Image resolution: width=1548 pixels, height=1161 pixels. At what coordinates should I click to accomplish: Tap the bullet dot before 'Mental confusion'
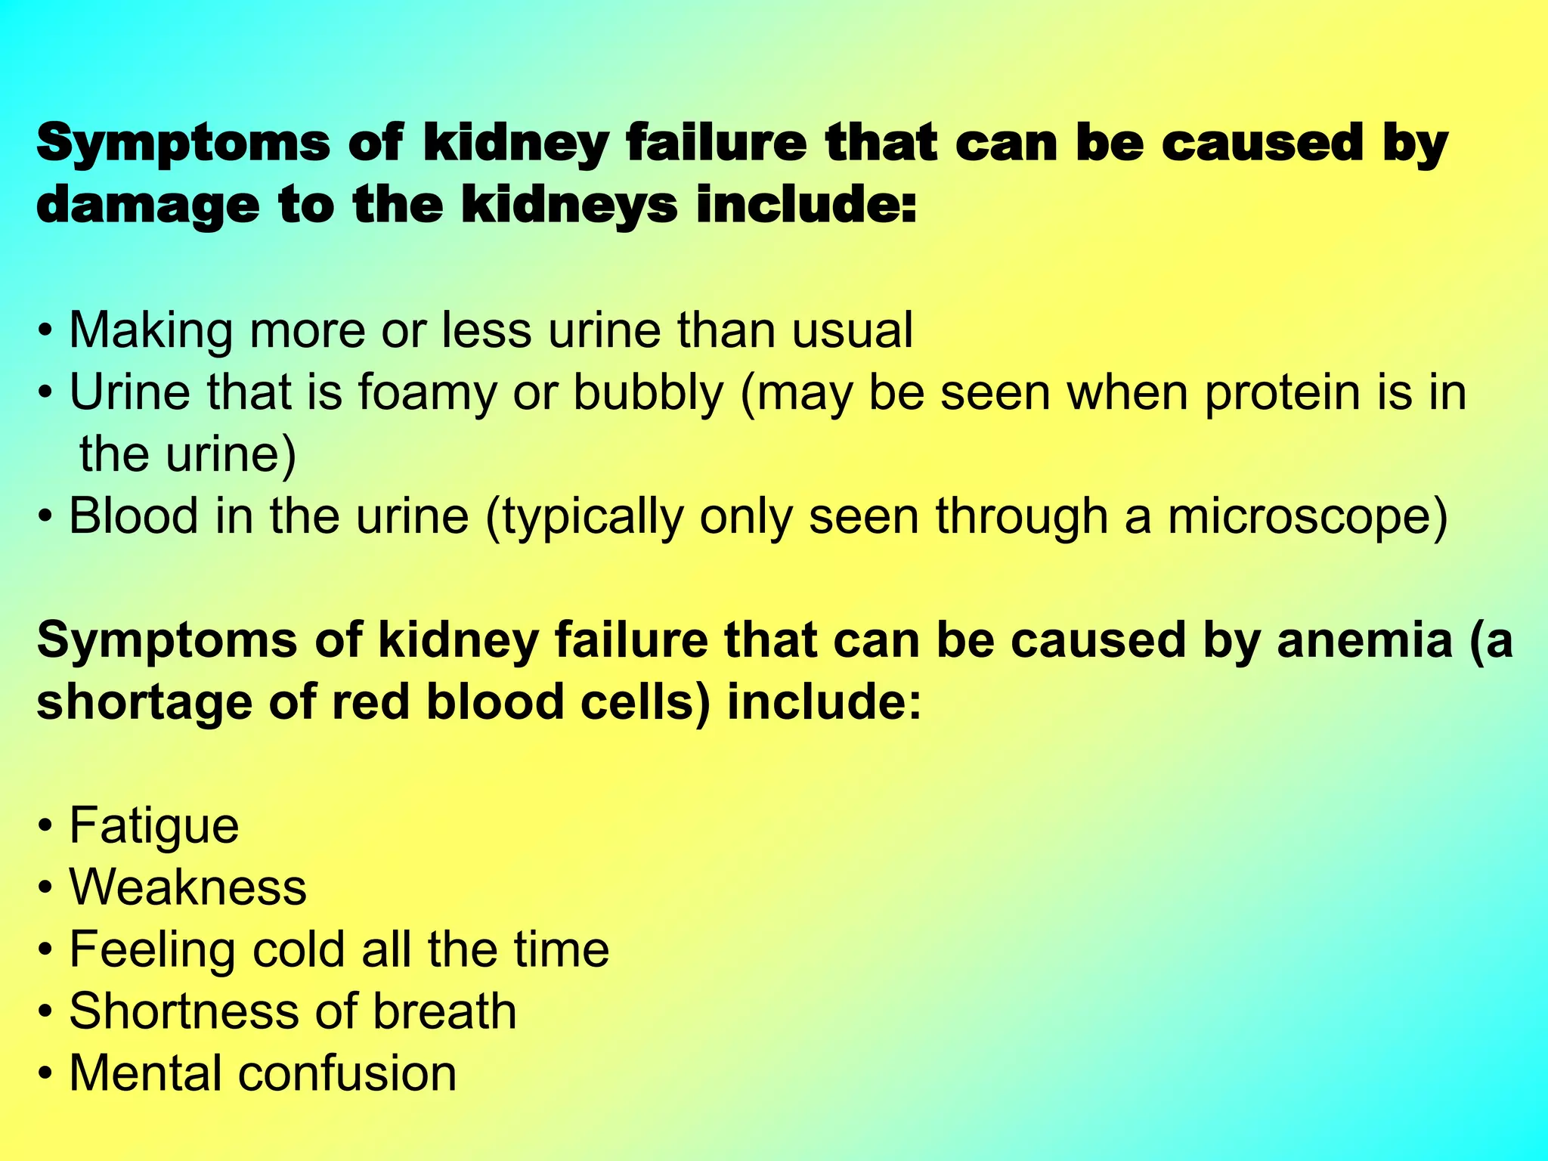pos(46,1074)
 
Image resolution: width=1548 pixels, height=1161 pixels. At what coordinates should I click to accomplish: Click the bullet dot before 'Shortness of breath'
pos(46,1012)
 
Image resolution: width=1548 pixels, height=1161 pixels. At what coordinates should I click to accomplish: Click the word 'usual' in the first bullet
pos(853,331)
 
